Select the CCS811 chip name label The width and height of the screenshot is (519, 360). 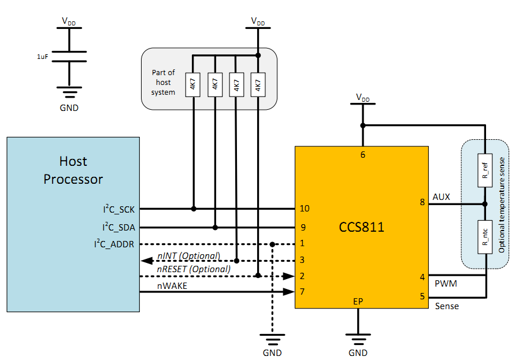point(361,227)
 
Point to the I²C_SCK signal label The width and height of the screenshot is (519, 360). point(118,209)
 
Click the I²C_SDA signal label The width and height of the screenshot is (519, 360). point(118,227)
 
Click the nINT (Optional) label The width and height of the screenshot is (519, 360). point(189,256)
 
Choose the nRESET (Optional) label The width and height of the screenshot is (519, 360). point(194,269)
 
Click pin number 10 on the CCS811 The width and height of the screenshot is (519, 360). point(305,209)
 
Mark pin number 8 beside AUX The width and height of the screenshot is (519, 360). point(422,203)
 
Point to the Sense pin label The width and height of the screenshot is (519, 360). point(446,306)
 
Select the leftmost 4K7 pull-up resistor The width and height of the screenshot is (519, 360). point(193,84)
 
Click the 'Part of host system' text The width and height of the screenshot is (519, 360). point(163,82)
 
